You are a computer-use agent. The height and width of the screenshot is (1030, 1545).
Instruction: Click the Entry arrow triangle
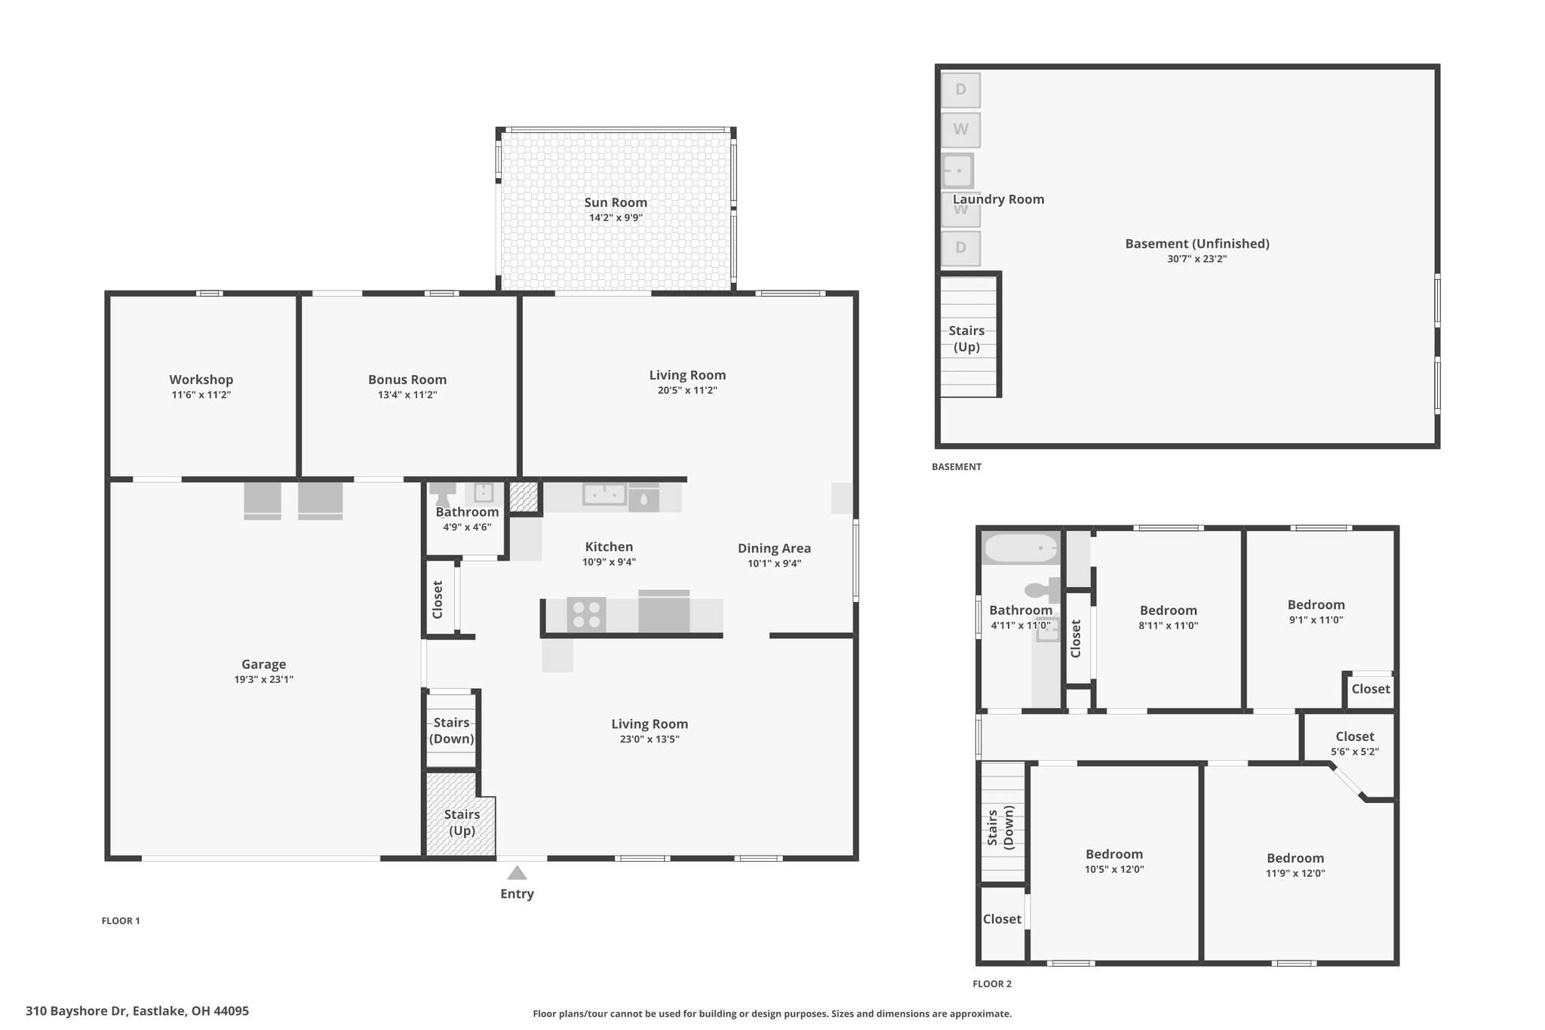click(517, 873)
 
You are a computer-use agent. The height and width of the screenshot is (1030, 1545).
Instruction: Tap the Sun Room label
click(616, 202)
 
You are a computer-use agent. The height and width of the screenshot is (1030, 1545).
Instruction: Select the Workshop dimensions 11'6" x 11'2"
click(201, 395)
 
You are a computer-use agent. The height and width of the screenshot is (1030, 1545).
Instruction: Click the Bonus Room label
click(407, 380)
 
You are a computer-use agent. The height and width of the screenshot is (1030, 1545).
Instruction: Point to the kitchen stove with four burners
click(586, 613)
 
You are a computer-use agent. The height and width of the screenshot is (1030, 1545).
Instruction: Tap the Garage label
click(264, 665)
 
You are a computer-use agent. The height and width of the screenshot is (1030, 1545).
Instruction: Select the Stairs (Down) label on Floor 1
click(452, 730)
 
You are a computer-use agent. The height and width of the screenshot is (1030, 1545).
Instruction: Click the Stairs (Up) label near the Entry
click(462, 822)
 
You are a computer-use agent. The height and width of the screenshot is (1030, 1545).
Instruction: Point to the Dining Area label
click(774, 549)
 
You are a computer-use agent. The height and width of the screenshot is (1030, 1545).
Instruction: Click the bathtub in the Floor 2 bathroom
click(1021, 548)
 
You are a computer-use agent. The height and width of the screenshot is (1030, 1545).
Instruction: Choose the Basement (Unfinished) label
click(1197, 244)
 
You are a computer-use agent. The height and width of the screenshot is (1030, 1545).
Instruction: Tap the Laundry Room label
click(998, 199)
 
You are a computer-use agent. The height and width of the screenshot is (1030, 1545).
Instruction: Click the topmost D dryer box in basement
click(960, 90)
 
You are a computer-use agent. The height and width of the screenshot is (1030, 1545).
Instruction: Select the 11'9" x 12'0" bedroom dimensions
click(1295, 873)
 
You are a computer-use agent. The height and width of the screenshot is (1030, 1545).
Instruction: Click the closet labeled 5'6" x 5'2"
click(1355, 743)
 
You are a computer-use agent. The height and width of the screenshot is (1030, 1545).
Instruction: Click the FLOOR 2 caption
click(992, 984)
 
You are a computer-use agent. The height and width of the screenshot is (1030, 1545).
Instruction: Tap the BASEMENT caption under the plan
click(957, 466)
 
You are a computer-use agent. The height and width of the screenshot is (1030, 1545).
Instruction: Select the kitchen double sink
click(604, 495)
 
